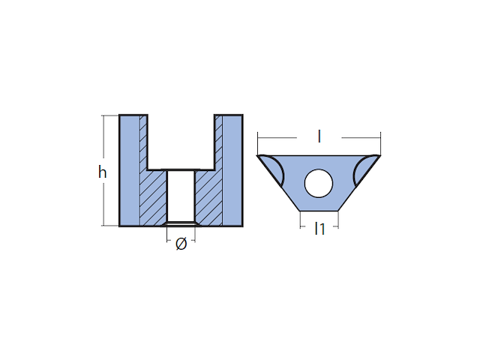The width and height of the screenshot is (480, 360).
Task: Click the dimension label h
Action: [x=102, y=172]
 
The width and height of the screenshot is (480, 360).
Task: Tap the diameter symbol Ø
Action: [x=181, y=244]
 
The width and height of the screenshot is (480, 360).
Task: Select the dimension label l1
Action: [x=319, y=229]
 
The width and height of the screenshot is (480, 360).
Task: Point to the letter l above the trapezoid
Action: [x=319, y=136]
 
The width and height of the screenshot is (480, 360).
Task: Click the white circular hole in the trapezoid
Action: [x=318, y=183]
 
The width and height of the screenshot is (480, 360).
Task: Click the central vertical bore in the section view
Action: [x=181, y=196]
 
